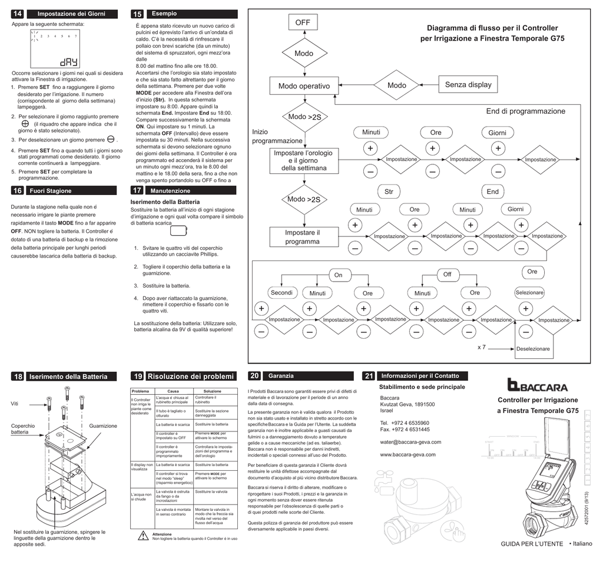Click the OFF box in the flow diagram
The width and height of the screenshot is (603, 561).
pyautogui.click(x=303, y=23)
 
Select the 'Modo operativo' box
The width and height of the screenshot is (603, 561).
pyautogui.click(x=304, y=87)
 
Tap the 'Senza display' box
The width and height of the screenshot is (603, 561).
pyautogui.click(x=468, y=85)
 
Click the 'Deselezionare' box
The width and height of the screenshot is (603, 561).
pyautogui.click(x=532, y=349)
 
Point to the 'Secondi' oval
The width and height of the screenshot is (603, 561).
pyautogui.click(x=281, y=293)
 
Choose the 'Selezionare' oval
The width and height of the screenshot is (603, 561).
pyautogui.click(x=530, y=293)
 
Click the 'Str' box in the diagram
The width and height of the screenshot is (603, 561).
pyautogui.click(x=388, y=192)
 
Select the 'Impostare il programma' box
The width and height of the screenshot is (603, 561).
pyautogui.click(x=302, y=237)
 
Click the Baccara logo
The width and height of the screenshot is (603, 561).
pyautogui.click(x=538, y=386)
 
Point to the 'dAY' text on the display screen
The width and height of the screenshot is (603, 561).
pyautogui.click(x=68, y=62)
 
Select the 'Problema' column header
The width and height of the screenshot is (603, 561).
pyautogui.click(x=140, y=391)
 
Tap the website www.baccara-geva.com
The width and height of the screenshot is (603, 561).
pyautogui.click(x=408, y=454)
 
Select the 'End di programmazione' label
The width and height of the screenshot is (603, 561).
pyautogui.click(x=525, y=111)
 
